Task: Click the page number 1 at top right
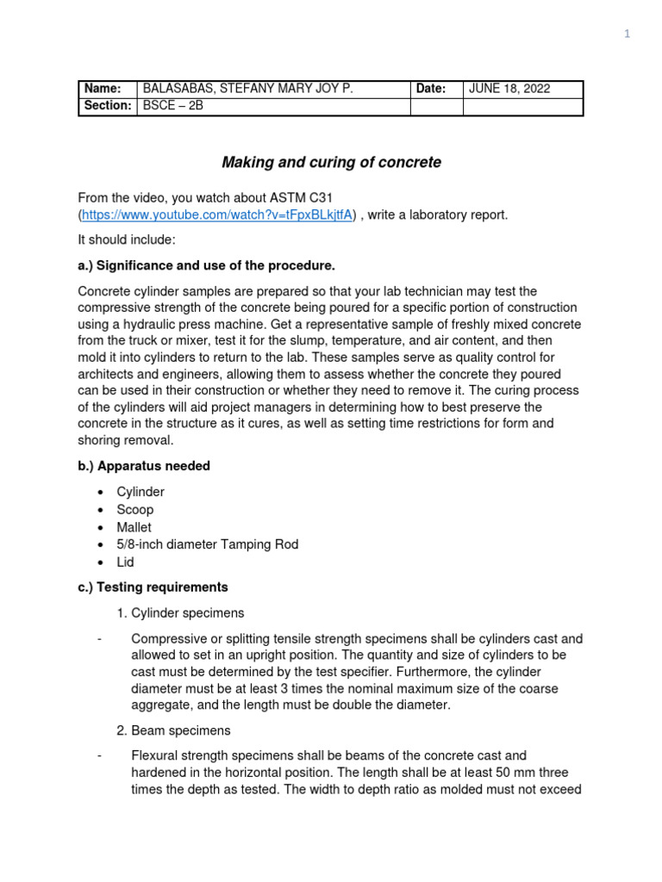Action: tap(628, 34)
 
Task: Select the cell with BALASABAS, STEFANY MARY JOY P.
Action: tap(247, 89)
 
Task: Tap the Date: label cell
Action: tap(431, 89)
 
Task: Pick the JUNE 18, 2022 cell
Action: tap(509, 89)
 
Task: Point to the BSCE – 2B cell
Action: tap(172, 106)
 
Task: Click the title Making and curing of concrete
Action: tap(331, 162)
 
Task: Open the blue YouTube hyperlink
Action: tap(217, 214)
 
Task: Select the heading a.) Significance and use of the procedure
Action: tap(206, 264)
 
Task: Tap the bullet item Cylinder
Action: tap(141, 492)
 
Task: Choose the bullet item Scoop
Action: tap(135, 509)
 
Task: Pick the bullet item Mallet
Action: tap(134, 527)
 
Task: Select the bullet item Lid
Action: tap(126, 562)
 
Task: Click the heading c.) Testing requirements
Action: tap(153, 587)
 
